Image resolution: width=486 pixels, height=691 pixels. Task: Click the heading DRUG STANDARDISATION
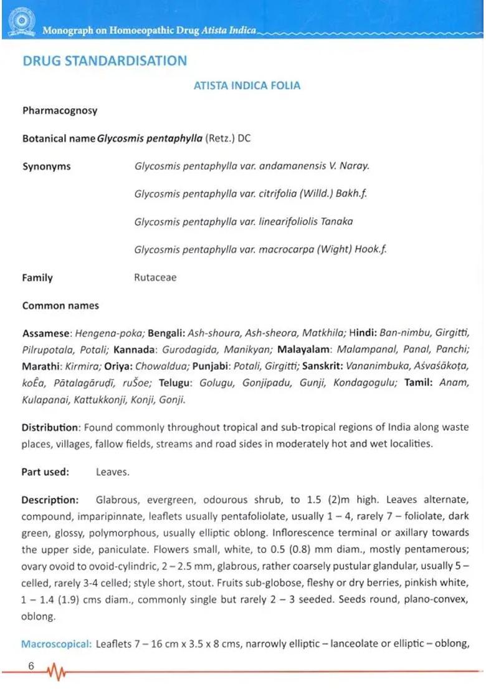105,61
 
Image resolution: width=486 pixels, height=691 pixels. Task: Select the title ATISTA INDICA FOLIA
247,85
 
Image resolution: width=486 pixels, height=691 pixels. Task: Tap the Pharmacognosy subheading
60,111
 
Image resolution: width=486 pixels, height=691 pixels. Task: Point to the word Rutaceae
155,278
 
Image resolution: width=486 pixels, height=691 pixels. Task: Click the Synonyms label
47,167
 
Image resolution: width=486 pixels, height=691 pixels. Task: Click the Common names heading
60,306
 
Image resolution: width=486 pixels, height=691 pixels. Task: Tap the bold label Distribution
50,428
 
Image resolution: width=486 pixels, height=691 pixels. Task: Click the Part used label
45,472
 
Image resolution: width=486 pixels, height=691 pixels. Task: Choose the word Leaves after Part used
112,472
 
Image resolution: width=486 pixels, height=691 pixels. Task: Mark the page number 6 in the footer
31,666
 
